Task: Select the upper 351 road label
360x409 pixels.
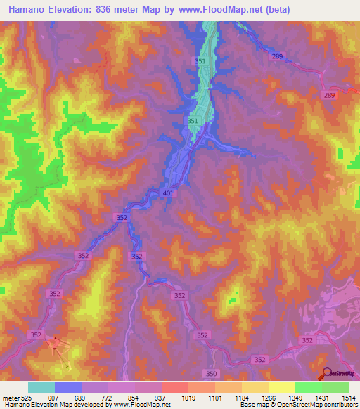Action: pyautogui.click(x=200, y=62)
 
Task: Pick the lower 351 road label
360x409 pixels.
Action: pyautogui.click(x=193, y=122)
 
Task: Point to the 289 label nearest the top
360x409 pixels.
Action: pyautogui.click(x=278, y=56)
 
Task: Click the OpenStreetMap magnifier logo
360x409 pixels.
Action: pyautogui.click(x=326, y=374)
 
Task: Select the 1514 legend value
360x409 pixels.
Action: pyautogui.click(x=350, y=397)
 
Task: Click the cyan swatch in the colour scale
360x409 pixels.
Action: pyautogui.click(x=41, y=387)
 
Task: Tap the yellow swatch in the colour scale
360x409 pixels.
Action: pyautogui.click(x=281, y=387)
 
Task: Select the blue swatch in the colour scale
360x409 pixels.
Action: pyautogui.click(x=67, y=387)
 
